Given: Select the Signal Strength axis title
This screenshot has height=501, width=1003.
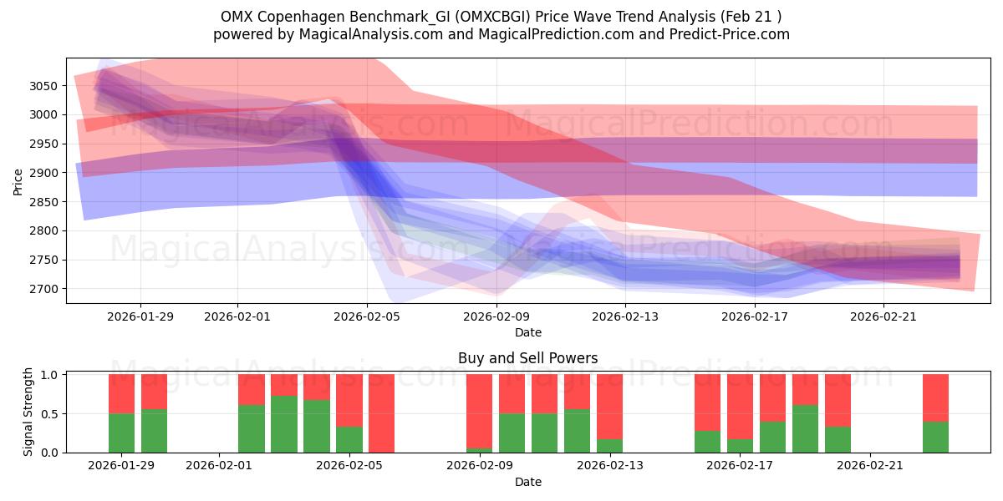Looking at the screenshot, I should [x=28, y=412].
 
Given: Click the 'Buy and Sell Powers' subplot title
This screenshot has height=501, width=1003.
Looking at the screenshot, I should [x=527, y=358].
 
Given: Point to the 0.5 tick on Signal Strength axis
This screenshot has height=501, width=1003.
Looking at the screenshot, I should [x=50, y=413].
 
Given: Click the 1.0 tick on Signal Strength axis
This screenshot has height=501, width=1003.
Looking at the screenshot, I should [x=50, y=375].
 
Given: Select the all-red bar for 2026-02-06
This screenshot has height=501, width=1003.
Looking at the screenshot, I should [x=381, y=413].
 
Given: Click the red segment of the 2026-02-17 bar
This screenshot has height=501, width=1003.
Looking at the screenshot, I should [x=740, y=405].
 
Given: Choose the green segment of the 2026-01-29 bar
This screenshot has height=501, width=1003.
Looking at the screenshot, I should [x=122, y=433].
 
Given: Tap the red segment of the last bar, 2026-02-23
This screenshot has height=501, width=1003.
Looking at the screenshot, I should [x=935, y=397].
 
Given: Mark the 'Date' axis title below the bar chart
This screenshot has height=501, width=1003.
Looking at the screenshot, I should [x=527, y=482].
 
